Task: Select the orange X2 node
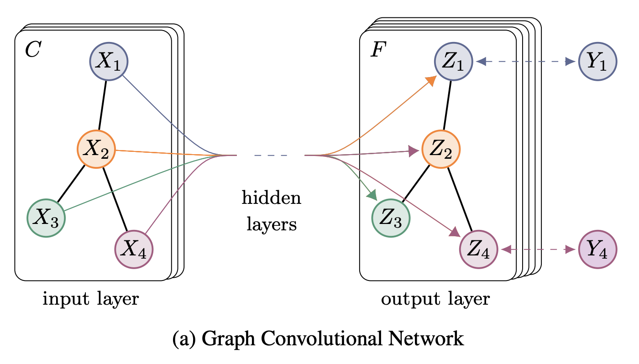point(96,150)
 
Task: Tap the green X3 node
point(47,217)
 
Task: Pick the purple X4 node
point(133,250)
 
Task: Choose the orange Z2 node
point(441,150)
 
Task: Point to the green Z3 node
point(392,217)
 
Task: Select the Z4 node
point(478,250)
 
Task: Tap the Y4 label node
point(597,250)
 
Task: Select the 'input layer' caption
point(91,299)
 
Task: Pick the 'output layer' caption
point(435,299)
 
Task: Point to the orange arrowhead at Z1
point(430,81)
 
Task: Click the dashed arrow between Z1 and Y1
point(525,62)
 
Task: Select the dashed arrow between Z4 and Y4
point(538,249)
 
